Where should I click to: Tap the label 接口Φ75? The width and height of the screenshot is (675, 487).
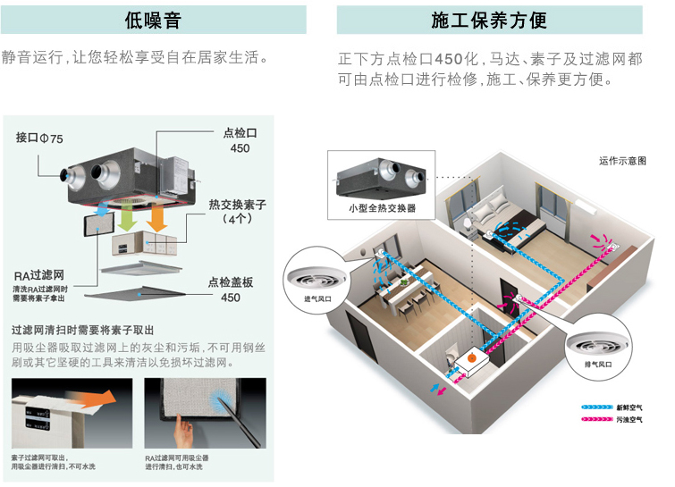[x=39, y=139]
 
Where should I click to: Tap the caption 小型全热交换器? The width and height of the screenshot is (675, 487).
[x=375, y=207]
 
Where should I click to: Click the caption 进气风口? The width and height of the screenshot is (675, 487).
[x=317, y=298]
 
